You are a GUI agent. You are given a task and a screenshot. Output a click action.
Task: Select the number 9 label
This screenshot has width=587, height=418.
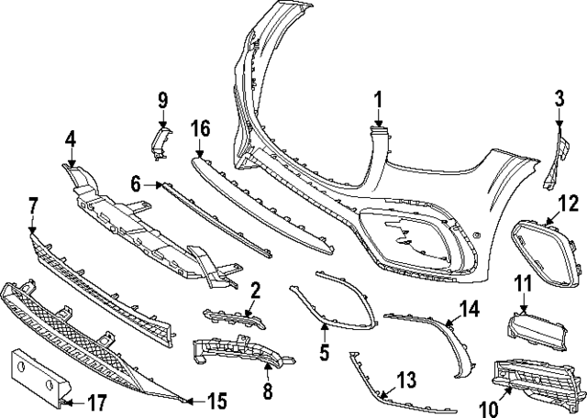tap(162, 99)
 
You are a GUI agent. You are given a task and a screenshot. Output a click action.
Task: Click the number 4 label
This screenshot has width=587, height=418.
tap(71, 139)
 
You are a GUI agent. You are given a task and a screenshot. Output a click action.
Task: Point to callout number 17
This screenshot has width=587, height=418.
tap(95, 401)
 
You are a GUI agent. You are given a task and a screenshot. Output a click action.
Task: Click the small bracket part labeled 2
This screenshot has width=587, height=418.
tap(228, 318)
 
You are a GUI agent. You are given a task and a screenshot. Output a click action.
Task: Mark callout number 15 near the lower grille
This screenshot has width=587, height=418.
tap(217, 401)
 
